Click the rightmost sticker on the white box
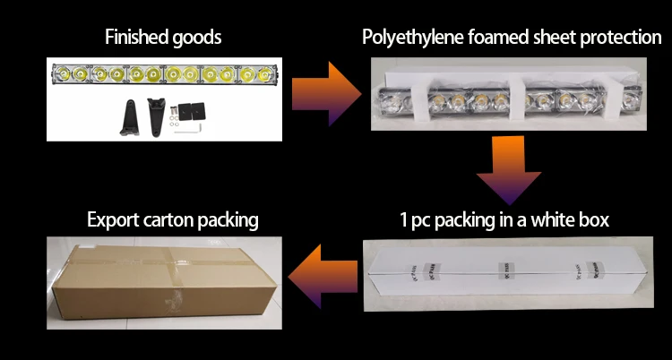[x=568, y=269]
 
